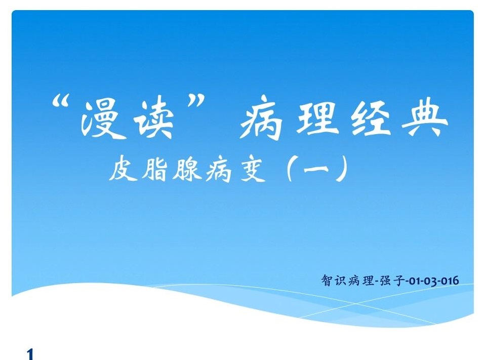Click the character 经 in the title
pyautogui.click(x=370, y=118)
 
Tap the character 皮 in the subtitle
pyautogui.click(x=123, y=169)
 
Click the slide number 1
pyautogui.click(x=30, y=354)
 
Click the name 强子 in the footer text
pyautogui.click(x=392, y=281)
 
